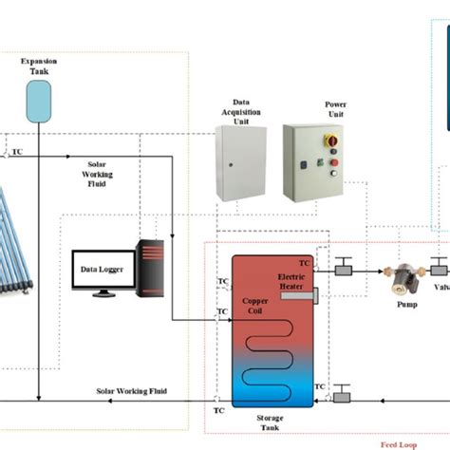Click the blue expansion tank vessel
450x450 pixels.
click(38, 98)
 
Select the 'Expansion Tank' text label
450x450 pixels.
click(38, 66)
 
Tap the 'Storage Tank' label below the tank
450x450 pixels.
click(270, 422)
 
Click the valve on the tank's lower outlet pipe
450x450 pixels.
click(343, 389)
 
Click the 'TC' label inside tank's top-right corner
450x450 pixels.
click(304, 263)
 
